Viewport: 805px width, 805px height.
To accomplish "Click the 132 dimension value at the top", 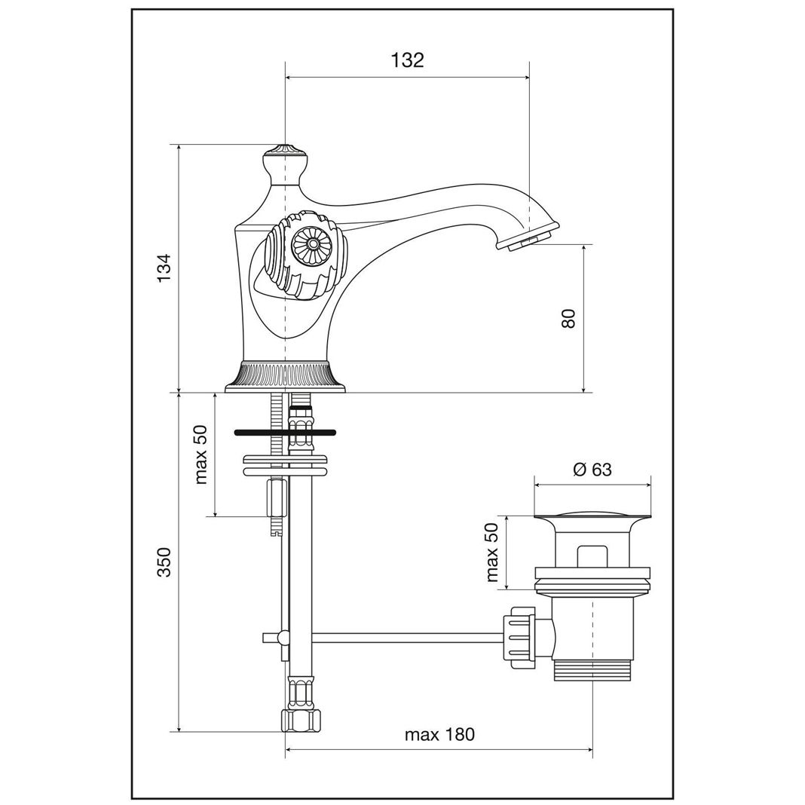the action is tap(408, 60).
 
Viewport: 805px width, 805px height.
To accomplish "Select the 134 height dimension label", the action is tap(164, 268).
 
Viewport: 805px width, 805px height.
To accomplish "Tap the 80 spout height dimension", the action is tap(569, 318).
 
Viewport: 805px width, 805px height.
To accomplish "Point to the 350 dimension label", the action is tap(164, 562).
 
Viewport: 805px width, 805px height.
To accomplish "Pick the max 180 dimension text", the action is tap(440, 735).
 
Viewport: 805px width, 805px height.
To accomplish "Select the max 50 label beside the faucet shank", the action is tap(200, 455).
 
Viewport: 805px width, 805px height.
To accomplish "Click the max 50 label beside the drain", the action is tap(492, 552).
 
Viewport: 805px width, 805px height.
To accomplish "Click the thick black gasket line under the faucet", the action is tap(285, 433).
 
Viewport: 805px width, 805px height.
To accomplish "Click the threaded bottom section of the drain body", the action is tap(593, 669).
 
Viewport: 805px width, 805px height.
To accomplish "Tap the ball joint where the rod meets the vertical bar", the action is tap(282, 638).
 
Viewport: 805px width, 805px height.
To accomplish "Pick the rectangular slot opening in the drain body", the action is tap(592, 556).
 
